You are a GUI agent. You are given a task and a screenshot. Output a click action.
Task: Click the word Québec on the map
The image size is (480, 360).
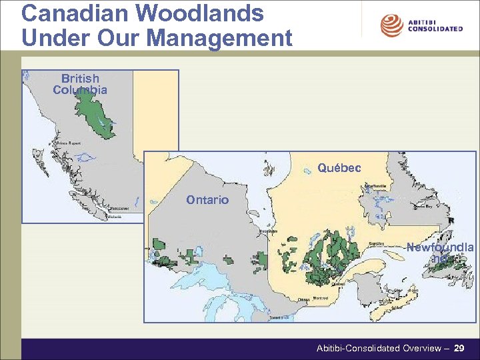click(x=339, y=168)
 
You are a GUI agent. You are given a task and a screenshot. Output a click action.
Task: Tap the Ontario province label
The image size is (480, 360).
click(x=207, y=200)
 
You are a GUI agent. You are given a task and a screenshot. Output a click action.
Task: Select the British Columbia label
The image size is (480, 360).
click(x=80, y=84)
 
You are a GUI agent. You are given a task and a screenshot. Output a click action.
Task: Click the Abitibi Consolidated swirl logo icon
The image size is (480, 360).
click(x=391, y=26)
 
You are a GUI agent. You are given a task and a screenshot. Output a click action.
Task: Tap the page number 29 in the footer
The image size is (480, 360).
click(x=459, y=348)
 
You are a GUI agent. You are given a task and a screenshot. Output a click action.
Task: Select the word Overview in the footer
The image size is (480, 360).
click(x=421, y=348)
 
